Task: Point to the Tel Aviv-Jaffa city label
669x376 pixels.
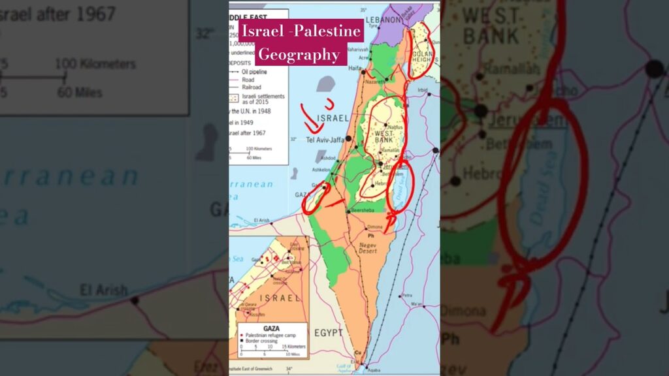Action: click(325, 139)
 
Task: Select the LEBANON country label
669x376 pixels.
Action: click(384, 20)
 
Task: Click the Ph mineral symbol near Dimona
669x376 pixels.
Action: click(370, 236)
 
